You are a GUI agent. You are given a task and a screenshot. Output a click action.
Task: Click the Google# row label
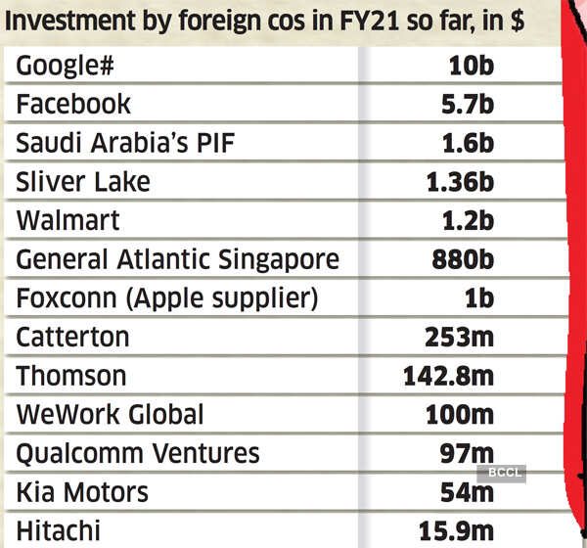point(68,68)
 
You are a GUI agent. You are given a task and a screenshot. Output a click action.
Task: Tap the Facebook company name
point(72,105)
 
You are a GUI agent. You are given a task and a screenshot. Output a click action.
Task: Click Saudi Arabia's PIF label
point(126,144)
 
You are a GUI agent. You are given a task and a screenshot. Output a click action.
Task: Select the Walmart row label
point(68,221)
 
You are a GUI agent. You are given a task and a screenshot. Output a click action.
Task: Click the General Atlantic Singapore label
point(177,260)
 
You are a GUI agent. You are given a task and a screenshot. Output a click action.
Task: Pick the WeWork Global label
point(110,415)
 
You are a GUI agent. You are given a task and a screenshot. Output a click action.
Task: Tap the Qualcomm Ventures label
point(137,453)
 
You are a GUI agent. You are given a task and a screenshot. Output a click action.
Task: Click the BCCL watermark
point(501,473)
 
